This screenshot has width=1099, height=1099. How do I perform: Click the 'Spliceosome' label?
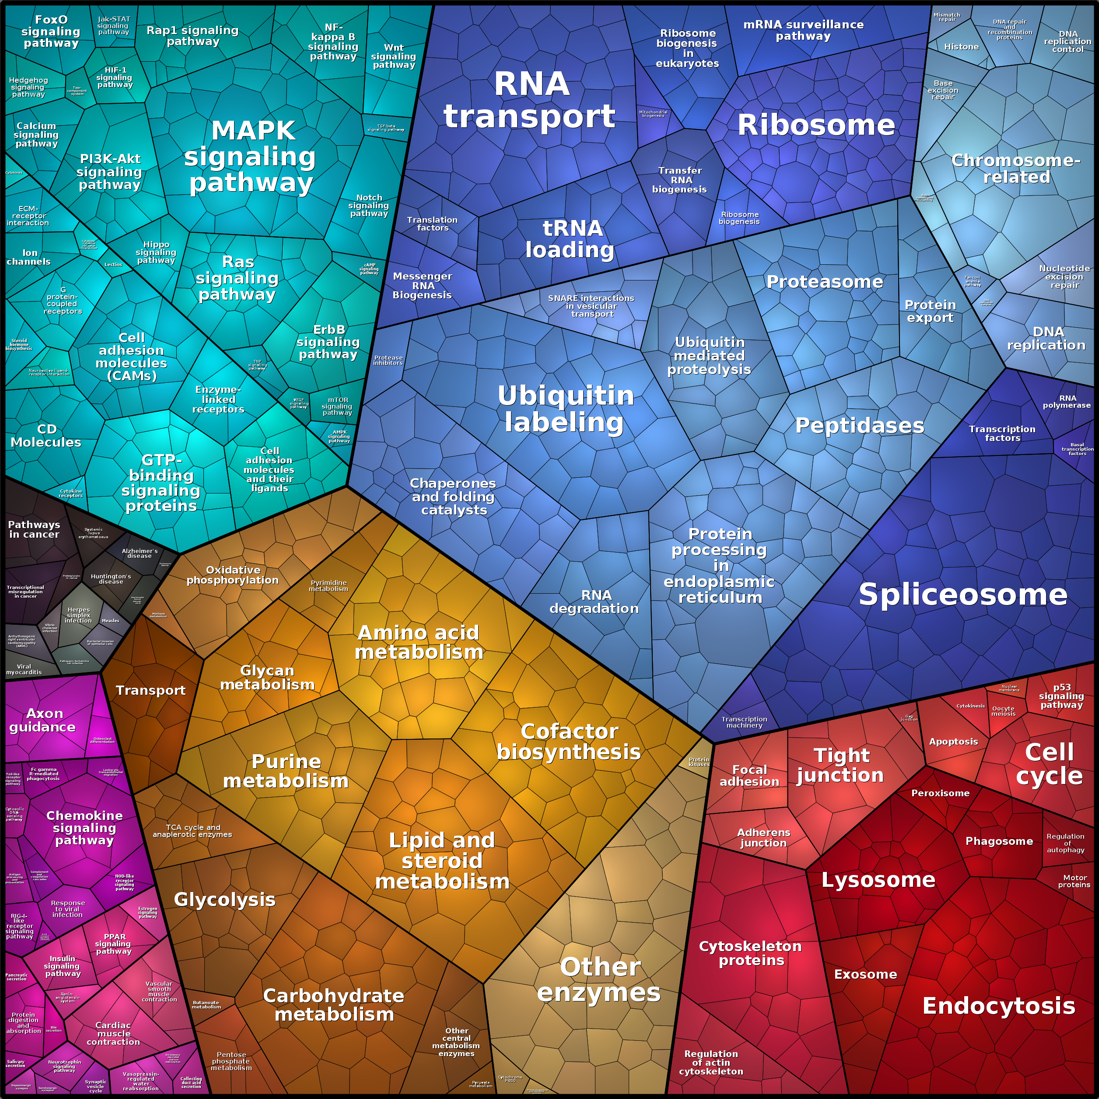pyautogui.click(x=962, y=595)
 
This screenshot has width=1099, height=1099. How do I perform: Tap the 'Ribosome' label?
pyautogui.click(x=815, y=125)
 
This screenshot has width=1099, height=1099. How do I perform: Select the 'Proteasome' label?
pyautogui.click(x=824, y=282)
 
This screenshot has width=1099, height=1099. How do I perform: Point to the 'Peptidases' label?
pyautogui.click(x=859, y=426)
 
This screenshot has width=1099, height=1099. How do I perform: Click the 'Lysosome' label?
pyautogui.click(x=878, y=880)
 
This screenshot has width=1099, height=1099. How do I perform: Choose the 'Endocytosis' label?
pyautogui.click(x=998, y=1006)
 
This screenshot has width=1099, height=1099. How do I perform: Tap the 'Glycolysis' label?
pyautogui.click(x=224, y=899)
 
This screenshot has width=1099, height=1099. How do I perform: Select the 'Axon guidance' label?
pyautogui.click(x=43, y=720)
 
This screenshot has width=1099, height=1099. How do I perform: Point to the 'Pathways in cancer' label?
pyautogui.click(x=34, y=529)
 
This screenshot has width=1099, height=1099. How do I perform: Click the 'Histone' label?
pyautogui.click(x=961, y=47)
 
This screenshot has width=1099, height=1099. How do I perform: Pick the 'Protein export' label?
pyautogui.click(x=930, y=311)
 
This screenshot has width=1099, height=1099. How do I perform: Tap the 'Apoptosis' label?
pyautogui.click(x=953, y=742)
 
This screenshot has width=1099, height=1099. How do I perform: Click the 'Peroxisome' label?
pyautogui.click(x=940, y=793)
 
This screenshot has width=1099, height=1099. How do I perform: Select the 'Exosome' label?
pyautogui.click(x=865, y=974)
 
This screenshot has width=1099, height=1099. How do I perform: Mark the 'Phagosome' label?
pyautogui.click(x=999, y=841)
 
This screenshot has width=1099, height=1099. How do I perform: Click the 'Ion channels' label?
pyautogui.click(x=28, y=257)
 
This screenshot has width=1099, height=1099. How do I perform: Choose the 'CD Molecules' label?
pyautogui.click(x=46, y=436)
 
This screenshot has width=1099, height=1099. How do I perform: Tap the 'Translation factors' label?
pyautogui.click(x=432, y=224)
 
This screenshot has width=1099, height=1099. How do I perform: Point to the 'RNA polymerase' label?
pyautogui.click(x=1067, y=402)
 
